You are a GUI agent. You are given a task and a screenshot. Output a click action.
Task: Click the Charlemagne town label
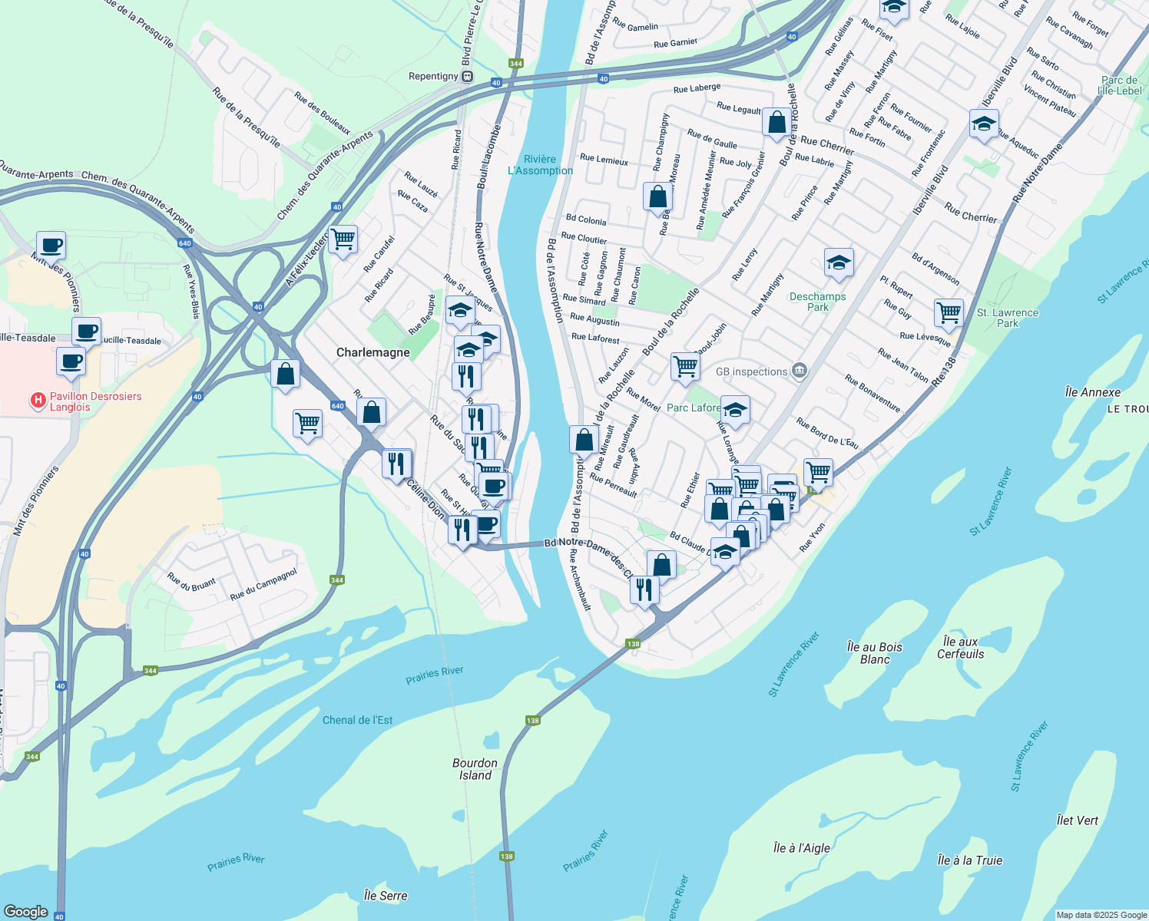click(373, 352)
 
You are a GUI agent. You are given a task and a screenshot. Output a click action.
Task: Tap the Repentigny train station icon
click(467, 76)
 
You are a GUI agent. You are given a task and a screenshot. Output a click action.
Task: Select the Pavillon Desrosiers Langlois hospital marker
click(37, 401)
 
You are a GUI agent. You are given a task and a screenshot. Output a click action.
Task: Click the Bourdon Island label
click(475, 769)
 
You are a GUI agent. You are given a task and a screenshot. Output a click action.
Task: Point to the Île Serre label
click(386, 896)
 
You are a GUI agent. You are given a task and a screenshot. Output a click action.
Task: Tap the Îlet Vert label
click(1077, 820)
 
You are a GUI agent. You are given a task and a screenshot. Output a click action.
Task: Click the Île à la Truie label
click(970, 860)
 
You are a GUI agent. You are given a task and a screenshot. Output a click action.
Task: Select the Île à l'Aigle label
click(801, 848)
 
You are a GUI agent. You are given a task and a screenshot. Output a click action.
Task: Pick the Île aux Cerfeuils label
click(960, 648)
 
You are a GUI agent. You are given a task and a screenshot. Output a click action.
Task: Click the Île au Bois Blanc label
click(874, 653)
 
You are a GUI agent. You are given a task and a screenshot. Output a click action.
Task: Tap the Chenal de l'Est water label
click(357, 720)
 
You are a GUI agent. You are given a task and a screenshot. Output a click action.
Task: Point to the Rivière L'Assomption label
click(540, 165)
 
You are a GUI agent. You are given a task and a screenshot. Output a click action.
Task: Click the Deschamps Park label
click(817, 302)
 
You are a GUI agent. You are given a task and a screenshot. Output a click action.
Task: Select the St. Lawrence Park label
click(1007, 318)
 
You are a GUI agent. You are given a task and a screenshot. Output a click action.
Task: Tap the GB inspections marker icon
click(800, 371)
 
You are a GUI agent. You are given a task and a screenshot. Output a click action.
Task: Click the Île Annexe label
click(1093, 392)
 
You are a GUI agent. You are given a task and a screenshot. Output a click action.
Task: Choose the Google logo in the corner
click(26, 912)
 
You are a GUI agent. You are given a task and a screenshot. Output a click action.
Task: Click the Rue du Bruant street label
click(192, 583)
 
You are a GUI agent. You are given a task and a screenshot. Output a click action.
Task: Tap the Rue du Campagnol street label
click(263, 585)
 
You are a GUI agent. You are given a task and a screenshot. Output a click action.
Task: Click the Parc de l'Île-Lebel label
click(1119, 85)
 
